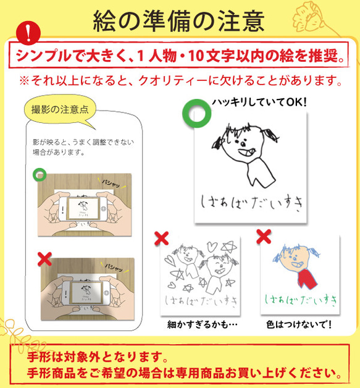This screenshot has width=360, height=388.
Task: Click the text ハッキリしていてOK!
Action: click(x=259, y=103)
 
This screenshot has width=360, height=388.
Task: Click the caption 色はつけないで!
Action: click(x=301, y=324)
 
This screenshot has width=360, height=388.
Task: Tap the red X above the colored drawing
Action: click(x=264, y=235)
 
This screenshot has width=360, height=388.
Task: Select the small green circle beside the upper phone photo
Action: click(x=40, y=174)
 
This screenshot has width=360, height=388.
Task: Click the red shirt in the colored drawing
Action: click(x=302, y=277)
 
